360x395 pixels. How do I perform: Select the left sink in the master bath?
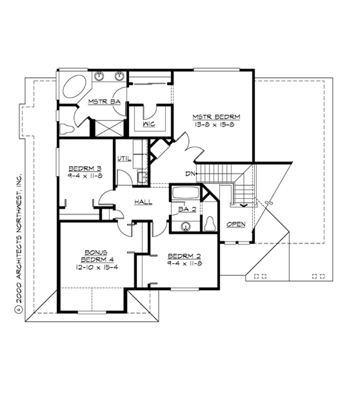pos(99,76)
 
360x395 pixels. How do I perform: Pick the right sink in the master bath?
pos(118,76)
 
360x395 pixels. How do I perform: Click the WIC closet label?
pos(149,124)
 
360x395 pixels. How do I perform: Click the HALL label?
pos(143,202)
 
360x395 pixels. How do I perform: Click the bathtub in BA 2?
pos(185,193)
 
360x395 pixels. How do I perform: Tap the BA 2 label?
pos(183,209)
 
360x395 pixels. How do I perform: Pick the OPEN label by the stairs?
pos(236,224)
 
